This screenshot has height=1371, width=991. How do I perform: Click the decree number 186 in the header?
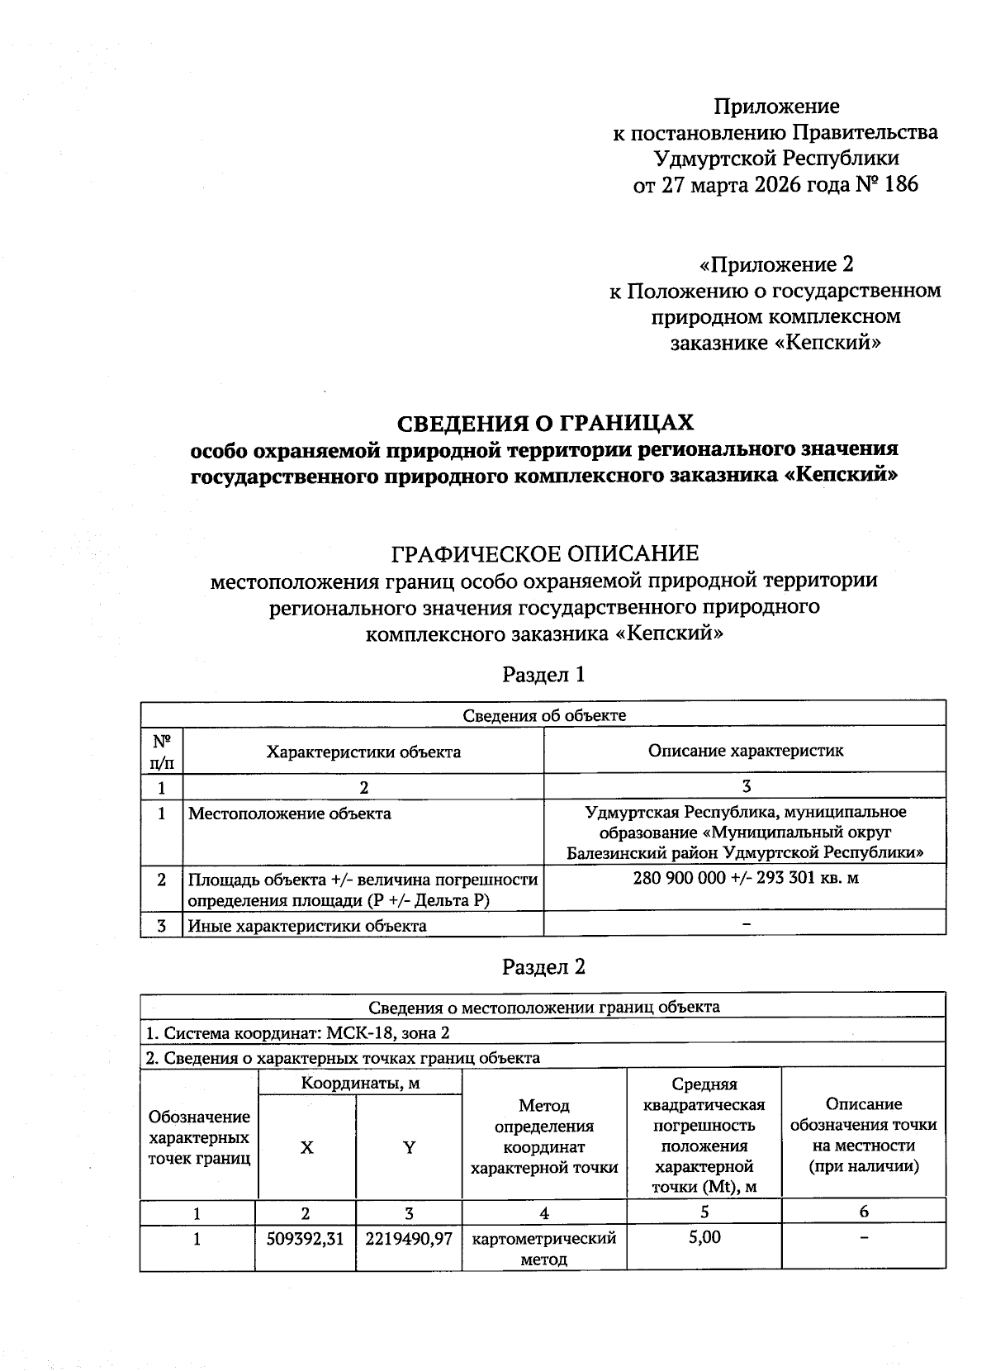click(x=901, y=184)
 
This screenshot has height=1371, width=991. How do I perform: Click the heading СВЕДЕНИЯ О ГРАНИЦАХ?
click(x=545, y=423)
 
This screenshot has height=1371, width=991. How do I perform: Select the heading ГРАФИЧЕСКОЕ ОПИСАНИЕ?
click(x=544, y=552)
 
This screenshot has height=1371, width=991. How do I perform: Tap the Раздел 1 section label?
click(x=544, y=675)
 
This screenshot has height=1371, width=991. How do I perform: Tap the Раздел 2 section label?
click(x=544, y=966)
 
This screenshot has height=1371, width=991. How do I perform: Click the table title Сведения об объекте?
click(x=543, y=715)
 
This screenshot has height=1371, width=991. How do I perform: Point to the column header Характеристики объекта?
click(x=363, y=752)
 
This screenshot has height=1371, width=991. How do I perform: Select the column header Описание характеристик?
click(x=746, y=751)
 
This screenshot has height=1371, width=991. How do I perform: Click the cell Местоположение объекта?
click(x=290, y=814)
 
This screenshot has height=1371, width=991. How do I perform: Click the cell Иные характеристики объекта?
click(x=307, y=926)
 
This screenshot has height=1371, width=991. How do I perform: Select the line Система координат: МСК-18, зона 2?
click(x=298, y=1033)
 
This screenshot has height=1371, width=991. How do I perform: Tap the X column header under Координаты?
click(x=307, y=1148)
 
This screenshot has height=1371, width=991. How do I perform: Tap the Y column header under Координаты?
click(x=409, y=1148)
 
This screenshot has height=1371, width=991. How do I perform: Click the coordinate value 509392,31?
click(x=306, y=1239)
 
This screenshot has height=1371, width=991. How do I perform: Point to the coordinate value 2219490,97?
click(x=409, y=1239)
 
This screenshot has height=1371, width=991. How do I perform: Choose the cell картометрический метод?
click(x=544, y=1249)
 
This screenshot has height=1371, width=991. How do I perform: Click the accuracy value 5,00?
click(x=704, y=1237)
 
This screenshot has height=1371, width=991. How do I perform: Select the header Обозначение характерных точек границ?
click(x=199, y=1137)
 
